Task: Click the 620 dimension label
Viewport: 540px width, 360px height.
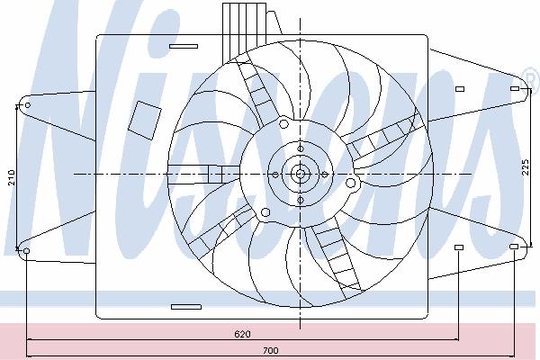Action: (242, 334)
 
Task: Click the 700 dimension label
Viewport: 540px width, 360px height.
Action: (271, 351)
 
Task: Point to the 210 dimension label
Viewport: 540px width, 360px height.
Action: (12, 177)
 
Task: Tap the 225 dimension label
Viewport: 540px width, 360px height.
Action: (526, 167)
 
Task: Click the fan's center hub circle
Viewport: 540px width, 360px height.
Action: (301, 174)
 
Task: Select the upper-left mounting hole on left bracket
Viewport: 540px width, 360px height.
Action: (28, 104)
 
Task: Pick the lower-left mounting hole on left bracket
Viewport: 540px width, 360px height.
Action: (26, 251)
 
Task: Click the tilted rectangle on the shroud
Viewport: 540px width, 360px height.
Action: (145, 121)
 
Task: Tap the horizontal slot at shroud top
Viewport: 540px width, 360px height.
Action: (184, 46)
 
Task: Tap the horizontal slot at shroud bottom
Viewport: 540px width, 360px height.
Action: (186, 307)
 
